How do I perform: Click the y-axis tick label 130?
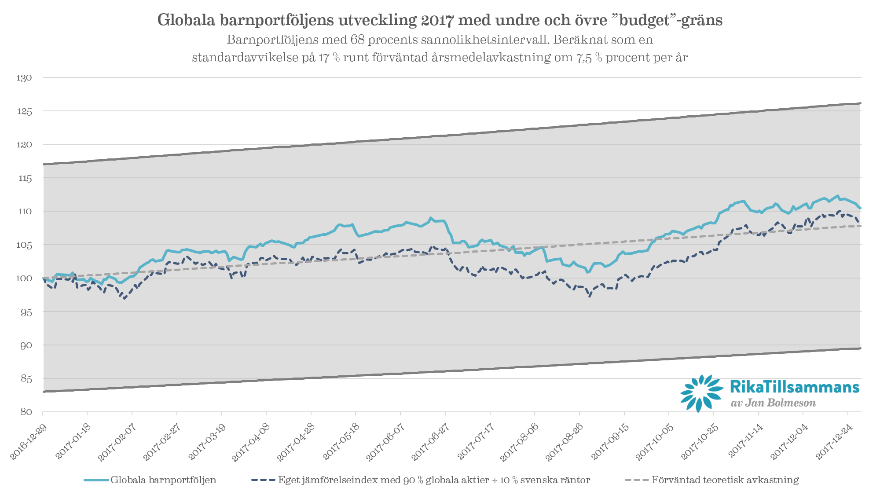pyautogui.click(x=24, y=78)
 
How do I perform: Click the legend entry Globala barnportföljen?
pyautogui.click(x=163, y=480)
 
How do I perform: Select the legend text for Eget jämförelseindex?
pyautogui.click(x=434, y=480)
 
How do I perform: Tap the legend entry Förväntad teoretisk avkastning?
pyautogui.click(x=725, y=480)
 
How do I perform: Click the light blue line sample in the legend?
pyautogui.click(x=96, y=480)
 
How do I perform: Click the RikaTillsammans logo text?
pyautogui.click(x=794, y=387)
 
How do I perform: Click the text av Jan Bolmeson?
pyautogui.click(x=773, y=403)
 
